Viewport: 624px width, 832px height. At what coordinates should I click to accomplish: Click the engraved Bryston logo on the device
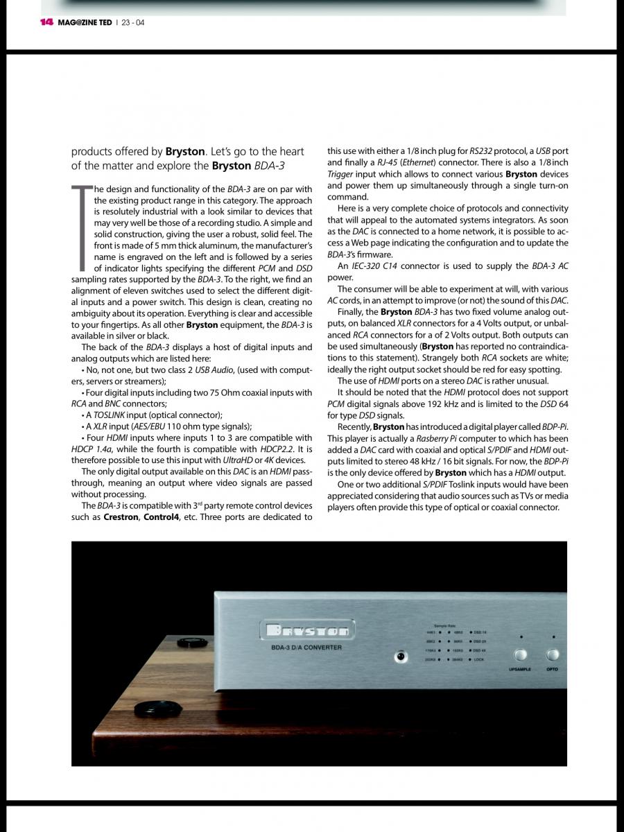[x=307, y=630]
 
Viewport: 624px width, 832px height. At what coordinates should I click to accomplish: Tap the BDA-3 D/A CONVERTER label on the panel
[x=306, y=648]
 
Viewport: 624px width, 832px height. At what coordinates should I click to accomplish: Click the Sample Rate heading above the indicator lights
[x=444, y=625]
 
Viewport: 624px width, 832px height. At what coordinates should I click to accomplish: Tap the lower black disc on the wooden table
[x=153, y=709]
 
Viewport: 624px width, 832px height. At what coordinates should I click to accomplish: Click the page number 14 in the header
[x=46, y=22]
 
